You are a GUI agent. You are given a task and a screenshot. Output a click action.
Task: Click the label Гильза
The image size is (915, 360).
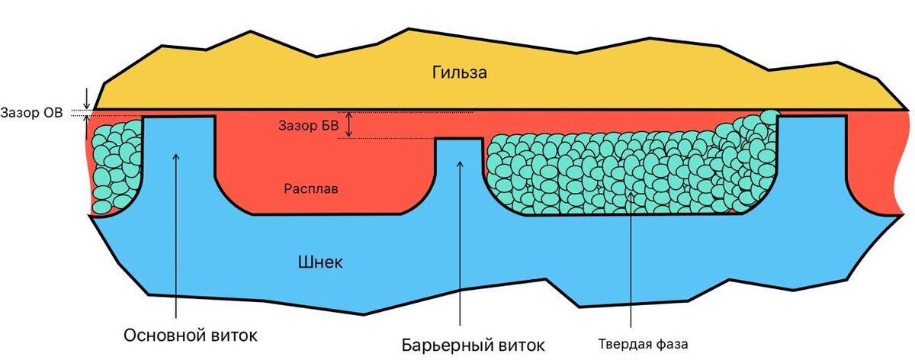[458, 73]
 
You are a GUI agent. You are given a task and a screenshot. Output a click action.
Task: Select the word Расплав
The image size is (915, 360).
[310, 188]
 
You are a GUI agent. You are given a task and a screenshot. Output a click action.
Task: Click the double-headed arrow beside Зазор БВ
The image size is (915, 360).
[349, 124]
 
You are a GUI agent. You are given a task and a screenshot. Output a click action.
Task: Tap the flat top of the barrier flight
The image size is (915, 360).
[458, 139]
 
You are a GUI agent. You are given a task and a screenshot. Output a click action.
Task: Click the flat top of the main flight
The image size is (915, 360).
[178, 117]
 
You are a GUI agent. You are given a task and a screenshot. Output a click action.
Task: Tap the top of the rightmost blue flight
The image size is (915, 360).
[812, 117]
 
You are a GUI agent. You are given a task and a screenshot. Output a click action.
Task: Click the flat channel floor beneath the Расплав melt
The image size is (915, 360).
[328, 214]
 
